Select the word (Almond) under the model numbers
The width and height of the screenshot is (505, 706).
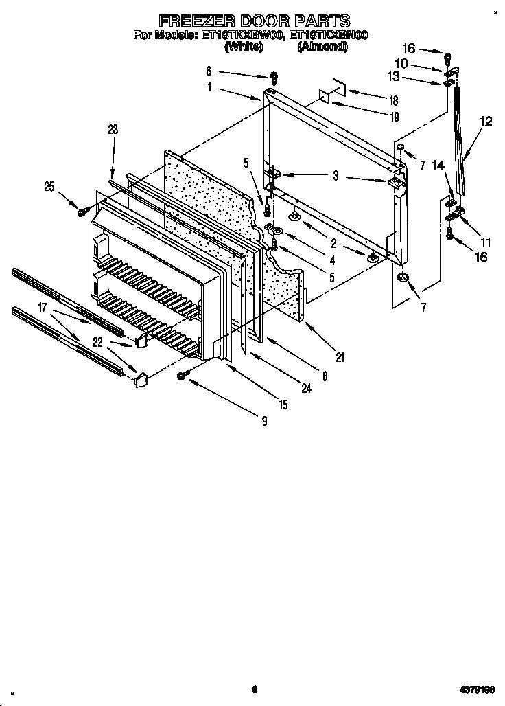(x=322, y=47)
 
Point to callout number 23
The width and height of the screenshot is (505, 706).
(x=113, y=128)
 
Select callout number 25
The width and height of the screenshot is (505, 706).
(x=49, y=185)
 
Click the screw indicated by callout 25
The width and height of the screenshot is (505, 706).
(x=82, y=212)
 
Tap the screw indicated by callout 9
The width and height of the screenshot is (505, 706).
(x=183, y=374)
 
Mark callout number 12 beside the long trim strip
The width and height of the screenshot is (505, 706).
(x=486, y=122)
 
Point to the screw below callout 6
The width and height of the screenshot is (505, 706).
(x=273, y=76)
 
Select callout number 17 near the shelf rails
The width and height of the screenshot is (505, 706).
(x=43, y=309)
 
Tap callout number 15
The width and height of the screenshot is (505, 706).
(x=283, y=405)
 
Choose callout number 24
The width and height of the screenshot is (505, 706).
(x=305, y=389)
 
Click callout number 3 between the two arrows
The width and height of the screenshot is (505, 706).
(x=336, y=176)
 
